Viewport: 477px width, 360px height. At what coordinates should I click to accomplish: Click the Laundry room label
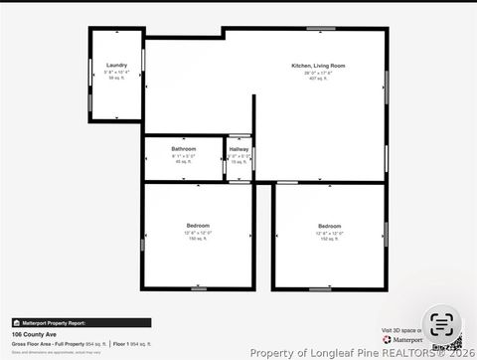pos(116,65)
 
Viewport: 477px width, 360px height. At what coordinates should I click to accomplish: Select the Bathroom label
pos(184,149)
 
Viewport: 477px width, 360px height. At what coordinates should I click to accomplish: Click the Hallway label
pos(238,149)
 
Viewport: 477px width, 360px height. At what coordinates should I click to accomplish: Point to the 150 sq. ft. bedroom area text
pos(198,239)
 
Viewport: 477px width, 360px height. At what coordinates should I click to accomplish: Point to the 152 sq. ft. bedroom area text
pos(330,239)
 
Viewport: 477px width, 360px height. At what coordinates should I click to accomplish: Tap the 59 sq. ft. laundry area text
pos(116,78)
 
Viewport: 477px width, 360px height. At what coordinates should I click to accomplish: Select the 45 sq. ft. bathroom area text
pos(184,161)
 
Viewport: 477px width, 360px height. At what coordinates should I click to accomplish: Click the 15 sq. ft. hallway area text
pos(238,161)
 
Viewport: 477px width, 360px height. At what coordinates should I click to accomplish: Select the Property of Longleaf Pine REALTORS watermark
pos(348,352)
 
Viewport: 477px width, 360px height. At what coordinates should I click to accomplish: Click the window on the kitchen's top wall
pos(320,29)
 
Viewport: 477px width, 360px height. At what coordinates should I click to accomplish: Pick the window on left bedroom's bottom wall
pos(199,289)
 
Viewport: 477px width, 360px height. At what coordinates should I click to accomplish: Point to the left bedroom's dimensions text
pos(198,233)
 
